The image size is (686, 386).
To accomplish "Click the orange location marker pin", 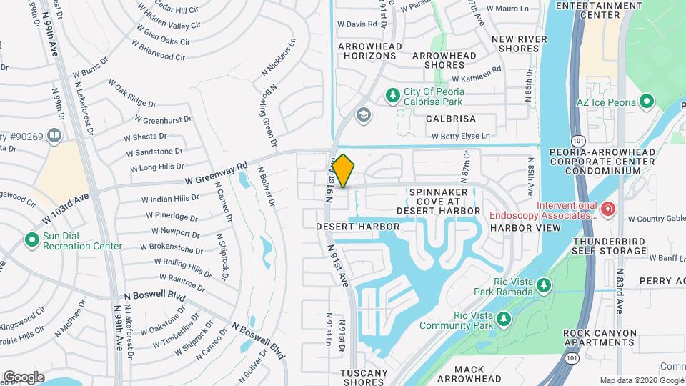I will (x=343, y=171).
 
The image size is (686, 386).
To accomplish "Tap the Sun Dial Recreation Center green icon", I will (x=31, y=239).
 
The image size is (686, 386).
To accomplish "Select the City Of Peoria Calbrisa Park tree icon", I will (x=392, y=94).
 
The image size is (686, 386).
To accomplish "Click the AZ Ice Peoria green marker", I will (x=647, y=102).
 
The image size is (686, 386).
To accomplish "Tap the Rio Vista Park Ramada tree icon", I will (x=544, y=286).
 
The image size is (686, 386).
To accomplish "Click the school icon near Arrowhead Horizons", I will (x=364, y=115).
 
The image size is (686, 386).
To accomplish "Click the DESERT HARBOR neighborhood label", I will (x=358, y=226).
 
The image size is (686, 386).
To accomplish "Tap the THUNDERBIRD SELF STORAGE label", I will (x=610, y=246).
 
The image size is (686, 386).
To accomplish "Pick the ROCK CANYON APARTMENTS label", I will (x=599, y=337).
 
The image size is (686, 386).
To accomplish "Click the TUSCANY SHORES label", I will (x=364, y=377).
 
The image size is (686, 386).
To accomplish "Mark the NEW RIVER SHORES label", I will (x=520, y=44).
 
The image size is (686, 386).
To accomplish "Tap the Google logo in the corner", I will (x=24, y=377).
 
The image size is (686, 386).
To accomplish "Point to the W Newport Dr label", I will (x=175, y=232).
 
